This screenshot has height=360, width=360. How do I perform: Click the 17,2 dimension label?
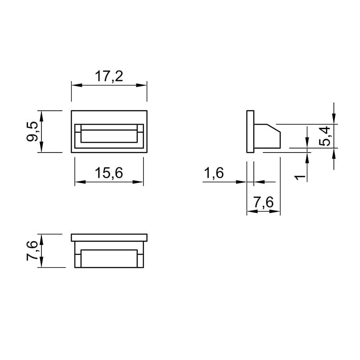[109, 76]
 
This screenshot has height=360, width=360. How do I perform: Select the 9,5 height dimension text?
[32, 131]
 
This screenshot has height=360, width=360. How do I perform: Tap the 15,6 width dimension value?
[109, 173]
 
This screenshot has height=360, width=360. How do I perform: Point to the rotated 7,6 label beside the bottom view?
[32, 251]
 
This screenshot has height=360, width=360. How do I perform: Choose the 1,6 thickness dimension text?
[214, 173]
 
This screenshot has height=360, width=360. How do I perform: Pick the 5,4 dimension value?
[324, 136]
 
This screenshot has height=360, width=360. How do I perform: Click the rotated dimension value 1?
[300, 177]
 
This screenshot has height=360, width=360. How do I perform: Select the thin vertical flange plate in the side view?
[250, 131]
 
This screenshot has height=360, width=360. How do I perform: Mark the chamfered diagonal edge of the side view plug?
[274, 128]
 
